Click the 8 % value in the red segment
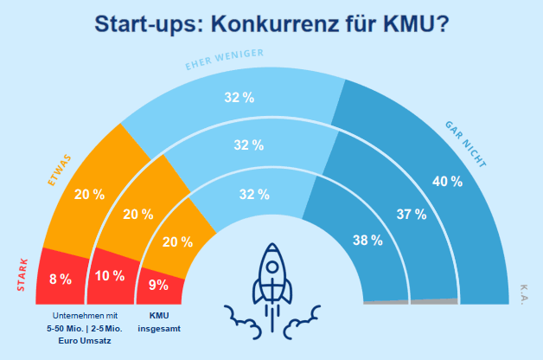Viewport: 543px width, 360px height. (x=61, y=279)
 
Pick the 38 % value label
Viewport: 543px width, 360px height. (x=367, y=241)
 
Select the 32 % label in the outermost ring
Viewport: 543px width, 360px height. (x=240, y=98)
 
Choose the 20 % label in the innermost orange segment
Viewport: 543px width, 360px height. (x=176, y=243)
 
